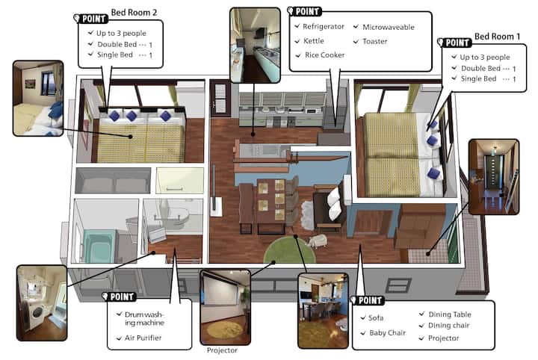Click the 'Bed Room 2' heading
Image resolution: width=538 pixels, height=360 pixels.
coord(134,13)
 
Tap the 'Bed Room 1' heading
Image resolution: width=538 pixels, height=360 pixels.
coord(497,37)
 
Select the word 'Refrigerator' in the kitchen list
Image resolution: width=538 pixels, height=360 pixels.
coord(324,27)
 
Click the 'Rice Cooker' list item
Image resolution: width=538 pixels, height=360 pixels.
coord(324,55)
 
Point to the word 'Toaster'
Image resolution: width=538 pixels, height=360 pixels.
coord(374,42)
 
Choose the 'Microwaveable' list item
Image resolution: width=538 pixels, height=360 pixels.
coord(389,27)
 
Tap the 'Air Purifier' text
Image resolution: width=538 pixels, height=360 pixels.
coord(143,338)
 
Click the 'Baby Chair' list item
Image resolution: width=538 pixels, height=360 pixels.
coord(387,332)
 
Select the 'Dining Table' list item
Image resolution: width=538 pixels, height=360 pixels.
coord(450,314)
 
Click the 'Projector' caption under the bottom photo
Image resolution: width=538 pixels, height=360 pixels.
coord(222,350)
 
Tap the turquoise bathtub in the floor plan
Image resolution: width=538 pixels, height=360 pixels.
coord(99,246)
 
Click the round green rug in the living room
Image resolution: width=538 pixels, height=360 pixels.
coord(289,250)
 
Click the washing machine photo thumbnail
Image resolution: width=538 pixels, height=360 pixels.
coord(42,302)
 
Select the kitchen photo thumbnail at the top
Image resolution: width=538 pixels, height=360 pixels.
coord(255,46)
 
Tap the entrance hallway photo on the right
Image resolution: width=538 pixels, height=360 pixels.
coord(494,177)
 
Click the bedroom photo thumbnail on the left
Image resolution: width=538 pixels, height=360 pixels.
coord(38,99)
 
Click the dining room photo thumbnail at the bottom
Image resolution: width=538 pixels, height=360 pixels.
coord(323,311)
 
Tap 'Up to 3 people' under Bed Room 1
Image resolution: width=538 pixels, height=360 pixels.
coord(484,58)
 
